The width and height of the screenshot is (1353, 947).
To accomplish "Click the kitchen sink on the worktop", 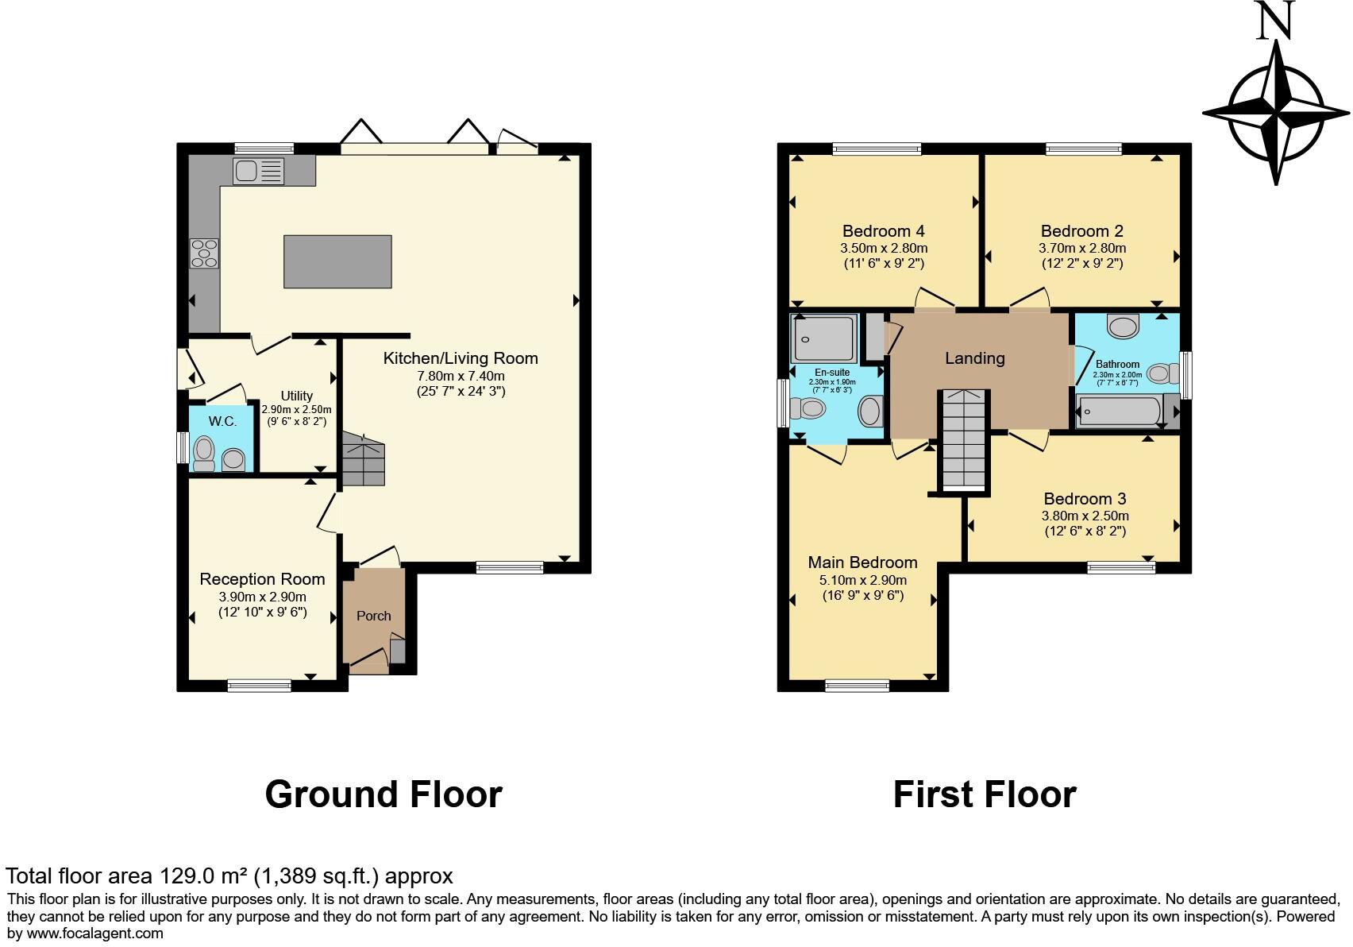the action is point(259,171).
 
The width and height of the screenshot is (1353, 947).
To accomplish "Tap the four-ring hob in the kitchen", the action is point(204,253).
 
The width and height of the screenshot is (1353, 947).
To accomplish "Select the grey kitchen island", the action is point(337,261).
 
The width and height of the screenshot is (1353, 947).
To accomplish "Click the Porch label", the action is point(373,616).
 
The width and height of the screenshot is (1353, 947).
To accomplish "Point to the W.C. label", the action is point(222,421).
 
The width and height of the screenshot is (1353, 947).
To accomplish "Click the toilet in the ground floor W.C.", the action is point(203,454).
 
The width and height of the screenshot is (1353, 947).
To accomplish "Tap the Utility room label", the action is point(297,396).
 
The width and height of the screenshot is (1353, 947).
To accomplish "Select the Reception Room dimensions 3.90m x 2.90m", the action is point(262,597).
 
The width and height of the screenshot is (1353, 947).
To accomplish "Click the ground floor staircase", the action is point(364,458).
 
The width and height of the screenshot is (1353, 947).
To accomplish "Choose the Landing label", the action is point(975,358).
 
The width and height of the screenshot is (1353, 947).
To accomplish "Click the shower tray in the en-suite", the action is point(823,338).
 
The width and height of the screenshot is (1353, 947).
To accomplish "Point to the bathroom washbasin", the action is point(1123,327).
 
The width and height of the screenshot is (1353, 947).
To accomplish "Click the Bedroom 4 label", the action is point(884,231).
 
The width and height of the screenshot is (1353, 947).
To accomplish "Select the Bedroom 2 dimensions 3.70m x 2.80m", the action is point(1082,248).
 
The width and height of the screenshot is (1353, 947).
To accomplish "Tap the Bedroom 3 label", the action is point(1085,499).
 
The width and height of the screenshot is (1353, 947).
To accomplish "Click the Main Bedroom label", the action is point(862,562).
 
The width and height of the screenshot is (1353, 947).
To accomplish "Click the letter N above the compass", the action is point(1275,21).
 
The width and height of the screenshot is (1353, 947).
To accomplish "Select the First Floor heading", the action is point(985,794).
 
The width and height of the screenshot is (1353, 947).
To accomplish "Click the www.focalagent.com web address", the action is point(94,933).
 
